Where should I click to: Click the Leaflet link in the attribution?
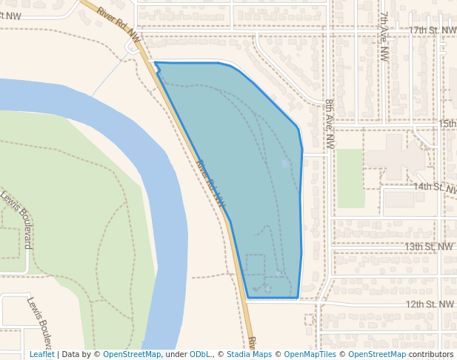pos(41,354)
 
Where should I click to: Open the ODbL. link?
pos(200,354)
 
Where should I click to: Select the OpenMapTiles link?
pos(310,354)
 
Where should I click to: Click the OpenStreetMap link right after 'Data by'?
pos(131,354)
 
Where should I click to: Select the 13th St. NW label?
pos(429,246)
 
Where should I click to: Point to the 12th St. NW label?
pos(429,304)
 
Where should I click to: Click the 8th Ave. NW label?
pos(330,124)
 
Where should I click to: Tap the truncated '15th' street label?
pos(447,124)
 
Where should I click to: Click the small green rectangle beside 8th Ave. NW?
pos(351,179)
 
